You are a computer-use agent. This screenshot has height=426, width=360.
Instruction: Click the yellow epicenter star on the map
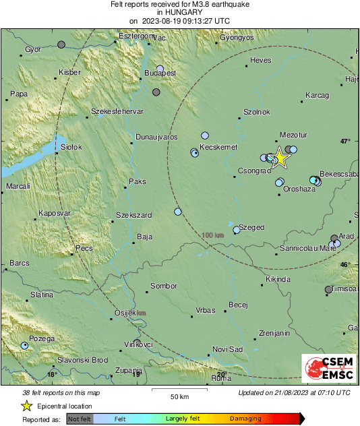tap(280, 158)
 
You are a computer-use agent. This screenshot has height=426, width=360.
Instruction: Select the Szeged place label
tap(251, 228)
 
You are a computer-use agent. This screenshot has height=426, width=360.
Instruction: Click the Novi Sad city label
tap(227, 349)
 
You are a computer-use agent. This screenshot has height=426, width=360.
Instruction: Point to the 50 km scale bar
tap(179, 390)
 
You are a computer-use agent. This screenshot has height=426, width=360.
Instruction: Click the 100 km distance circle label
tap(212, 235)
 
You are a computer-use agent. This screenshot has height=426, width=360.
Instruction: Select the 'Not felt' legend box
tap(80, 419)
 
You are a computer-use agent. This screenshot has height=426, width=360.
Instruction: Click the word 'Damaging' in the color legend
tap(245, 419)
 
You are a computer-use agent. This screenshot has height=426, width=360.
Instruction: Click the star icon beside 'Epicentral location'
tap(26, 406)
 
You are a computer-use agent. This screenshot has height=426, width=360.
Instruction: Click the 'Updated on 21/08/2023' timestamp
tap(294, 393)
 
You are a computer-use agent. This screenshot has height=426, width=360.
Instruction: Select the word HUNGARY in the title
tap(179, 12)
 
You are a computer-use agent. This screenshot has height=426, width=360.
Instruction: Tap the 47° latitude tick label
tap(345, 142)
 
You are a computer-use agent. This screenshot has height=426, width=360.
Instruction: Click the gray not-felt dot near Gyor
tap(61, 44)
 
